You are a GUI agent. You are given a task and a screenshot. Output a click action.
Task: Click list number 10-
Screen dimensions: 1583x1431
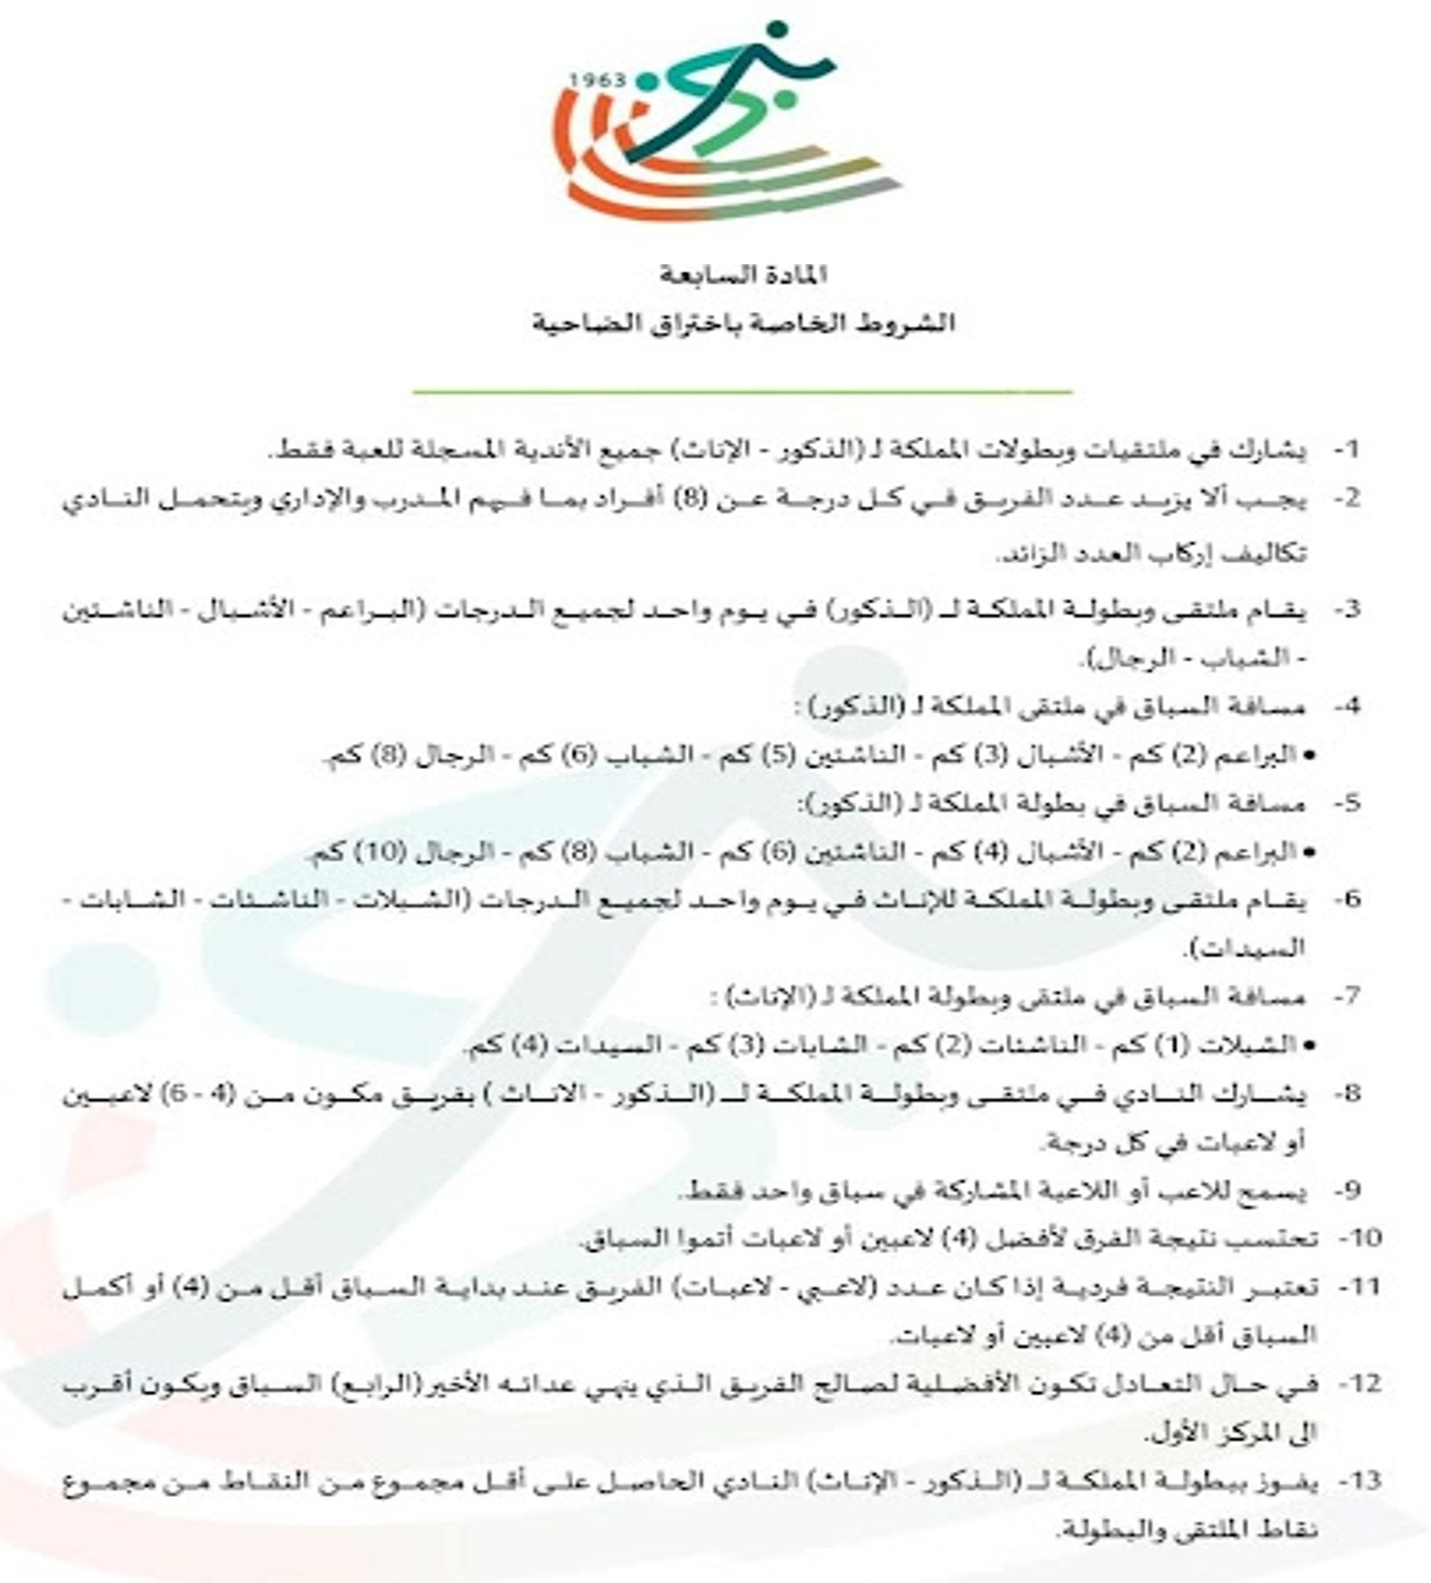click(x=1359, y=1239)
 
